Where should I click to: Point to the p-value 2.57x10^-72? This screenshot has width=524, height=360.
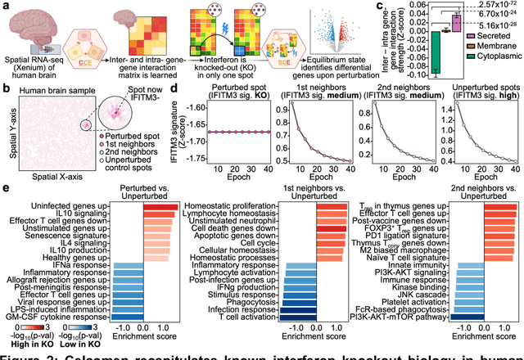point(496,6)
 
